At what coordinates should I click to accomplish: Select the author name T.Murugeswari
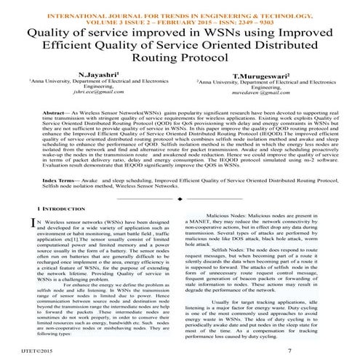[259, 76]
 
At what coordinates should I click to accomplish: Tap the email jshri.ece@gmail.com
[97, 93]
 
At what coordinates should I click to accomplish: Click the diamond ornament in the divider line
[179, 196]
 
